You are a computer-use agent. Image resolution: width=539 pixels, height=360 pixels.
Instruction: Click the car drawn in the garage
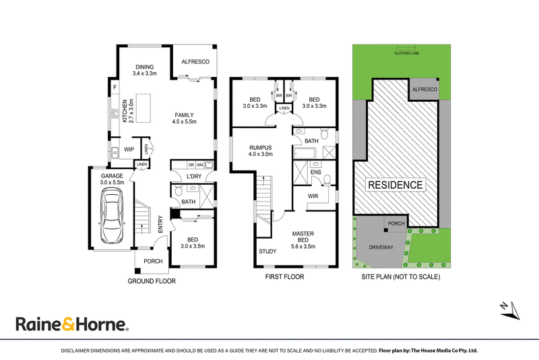pyautogui.click(x=112, y=217)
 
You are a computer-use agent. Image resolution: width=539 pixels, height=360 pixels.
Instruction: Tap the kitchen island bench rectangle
pyautogui.click(x=144, y=108)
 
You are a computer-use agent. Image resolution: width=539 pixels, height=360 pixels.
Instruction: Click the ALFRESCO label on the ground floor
pyautogui.click(x=195, y=62)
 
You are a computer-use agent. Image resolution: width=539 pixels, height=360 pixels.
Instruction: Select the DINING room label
pyautogui.click(x=145, y=67)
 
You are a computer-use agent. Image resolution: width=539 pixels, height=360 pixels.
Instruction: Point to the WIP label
pyautogui.click(x=129, y=150)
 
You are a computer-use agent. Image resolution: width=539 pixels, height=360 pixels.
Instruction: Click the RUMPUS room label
pyautogui.click(x=261, y=148)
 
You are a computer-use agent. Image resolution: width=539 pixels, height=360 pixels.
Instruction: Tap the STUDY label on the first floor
pyautogui.click(x=267, y=251)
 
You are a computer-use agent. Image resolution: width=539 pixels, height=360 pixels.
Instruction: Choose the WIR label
pyautogui.click(x=313, y=196)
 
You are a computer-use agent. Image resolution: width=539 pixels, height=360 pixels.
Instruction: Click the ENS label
pyautogui.click(x=316, y=173)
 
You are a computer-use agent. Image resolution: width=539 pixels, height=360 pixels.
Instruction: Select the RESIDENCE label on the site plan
pyautogui.click(x=395, y=185)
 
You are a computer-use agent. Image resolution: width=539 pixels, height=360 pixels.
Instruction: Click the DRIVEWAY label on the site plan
pyautogui.click(x=381, y=247)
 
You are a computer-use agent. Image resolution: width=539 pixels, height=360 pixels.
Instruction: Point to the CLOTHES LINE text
pyautogui.click(x=407, y=53)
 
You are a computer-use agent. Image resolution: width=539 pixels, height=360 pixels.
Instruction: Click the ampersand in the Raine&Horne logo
pyautogui.click(x=68, y=324)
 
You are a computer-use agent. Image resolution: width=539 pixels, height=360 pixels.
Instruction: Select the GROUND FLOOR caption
pyautogui.click(x=152, y=281)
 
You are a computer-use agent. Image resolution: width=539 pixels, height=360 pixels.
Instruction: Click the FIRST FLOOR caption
pyautogui.click(x=284, y=277)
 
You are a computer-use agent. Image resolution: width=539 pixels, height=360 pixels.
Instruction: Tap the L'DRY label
pyautogui.click(x=194, y=177)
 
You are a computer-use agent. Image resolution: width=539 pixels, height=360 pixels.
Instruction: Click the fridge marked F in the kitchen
pyautogui.click(x=115, y=88)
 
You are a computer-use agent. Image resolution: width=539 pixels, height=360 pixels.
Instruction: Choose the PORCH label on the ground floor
pyautogui.click(x=153, y=262)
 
